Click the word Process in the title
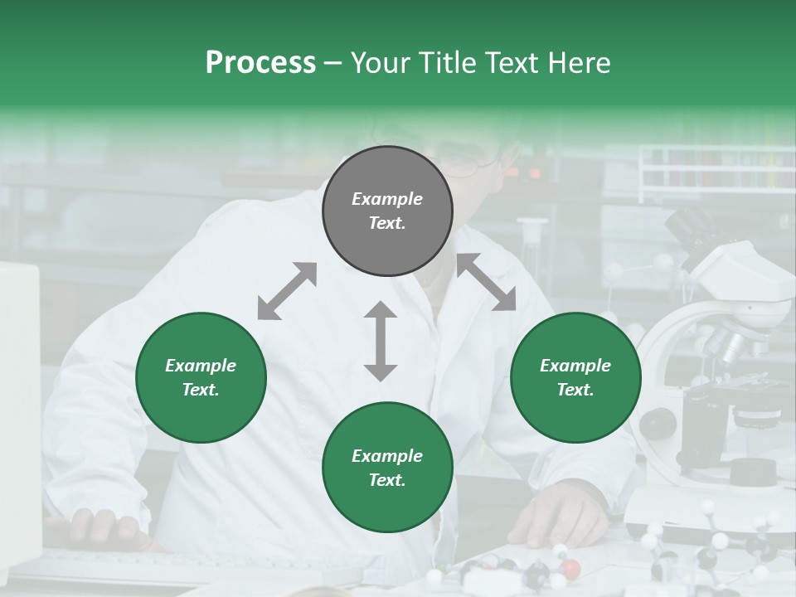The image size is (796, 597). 260,63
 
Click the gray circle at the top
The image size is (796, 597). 387,211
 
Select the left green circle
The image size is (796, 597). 201,377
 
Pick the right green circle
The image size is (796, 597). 575,377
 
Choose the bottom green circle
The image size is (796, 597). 387,468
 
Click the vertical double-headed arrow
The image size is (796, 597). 381,341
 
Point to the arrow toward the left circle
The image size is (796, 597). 287,291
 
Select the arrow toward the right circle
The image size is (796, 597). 486,283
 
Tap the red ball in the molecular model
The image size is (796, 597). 570,569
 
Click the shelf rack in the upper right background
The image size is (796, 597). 716,170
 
